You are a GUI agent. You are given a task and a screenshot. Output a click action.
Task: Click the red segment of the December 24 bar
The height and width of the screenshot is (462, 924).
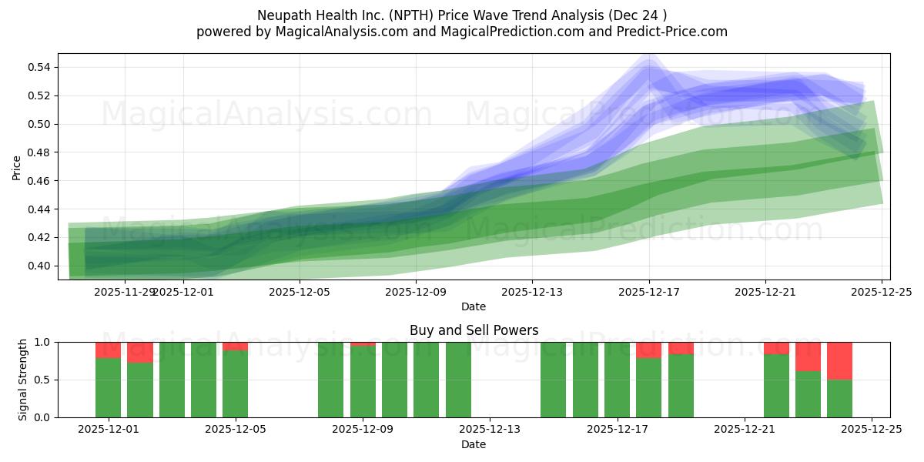pos(839,360)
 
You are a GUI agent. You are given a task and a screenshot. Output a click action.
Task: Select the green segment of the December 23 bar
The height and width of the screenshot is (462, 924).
pos(808,394)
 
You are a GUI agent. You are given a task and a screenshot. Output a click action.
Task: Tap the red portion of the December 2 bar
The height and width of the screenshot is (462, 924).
pos(139,352)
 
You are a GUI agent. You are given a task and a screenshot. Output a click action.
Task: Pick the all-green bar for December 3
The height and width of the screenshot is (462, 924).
pos(172,380)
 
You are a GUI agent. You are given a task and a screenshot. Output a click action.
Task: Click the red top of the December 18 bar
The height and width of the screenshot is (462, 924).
pos(648,350)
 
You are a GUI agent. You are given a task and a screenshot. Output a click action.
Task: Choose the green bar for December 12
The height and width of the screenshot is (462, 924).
pos(458,380)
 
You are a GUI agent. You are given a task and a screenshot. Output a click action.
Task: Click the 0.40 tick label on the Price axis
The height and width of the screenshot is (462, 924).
pos(38,266)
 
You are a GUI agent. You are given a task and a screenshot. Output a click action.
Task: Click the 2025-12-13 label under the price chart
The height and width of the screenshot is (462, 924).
pos(532,292)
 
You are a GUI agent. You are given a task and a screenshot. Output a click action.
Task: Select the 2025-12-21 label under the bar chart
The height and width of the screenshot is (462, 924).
pos(745,430)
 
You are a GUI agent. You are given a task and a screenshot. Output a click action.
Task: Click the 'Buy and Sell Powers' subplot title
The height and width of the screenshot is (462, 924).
pos(474,330)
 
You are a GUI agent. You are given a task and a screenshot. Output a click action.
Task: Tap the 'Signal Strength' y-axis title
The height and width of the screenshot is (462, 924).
pos(23,380)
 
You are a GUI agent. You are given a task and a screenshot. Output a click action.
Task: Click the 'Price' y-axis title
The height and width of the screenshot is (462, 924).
pos(16,167)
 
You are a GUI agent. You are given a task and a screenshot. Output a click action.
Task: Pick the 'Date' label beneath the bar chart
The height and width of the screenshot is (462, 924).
pos(474,444)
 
